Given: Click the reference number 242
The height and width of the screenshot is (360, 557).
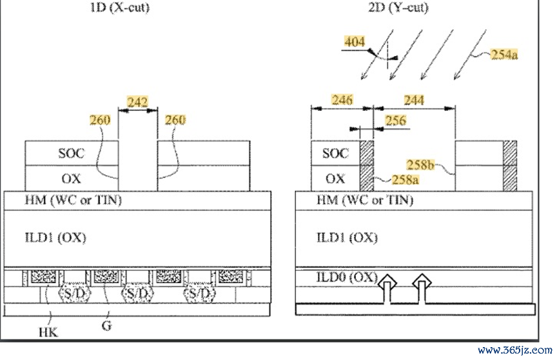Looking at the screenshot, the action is [137, 103].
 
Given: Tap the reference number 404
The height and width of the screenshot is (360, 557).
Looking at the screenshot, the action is [355, 42].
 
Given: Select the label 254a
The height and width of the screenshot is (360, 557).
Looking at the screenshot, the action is [504, 54].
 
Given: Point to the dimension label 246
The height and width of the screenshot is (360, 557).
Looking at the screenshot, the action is [342, 100].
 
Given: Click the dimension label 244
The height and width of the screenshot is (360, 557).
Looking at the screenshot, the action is [414, 101].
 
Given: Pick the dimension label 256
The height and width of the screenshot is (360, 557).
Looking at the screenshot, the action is [396, 121].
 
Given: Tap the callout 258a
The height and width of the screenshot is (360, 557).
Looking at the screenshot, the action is [405, 180].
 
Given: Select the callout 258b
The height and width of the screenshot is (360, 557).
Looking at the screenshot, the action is [420, 165].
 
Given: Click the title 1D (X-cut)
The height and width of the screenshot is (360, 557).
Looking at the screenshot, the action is [120, 6].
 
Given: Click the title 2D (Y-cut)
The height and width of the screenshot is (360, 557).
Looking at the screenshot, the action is [398, 6].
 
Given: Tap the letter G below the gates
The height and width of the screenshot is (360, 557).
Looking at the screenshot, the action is [106, 325].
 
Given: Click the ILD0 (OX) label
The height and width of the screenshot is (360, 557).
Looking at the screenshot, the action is [347, 277].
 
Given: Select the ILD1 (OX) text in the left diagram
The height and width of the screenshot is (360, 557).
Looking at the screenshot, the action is [55, 237].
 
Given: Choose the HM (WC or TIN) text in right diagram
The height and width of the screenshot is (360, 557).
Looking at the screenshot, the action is [365, 200].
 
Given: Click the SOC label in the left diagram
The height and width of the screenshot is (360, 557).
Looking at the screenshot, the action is [72, 154].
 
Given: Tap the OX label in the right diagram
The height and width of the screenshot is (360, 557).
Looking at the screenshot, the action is [335, 179].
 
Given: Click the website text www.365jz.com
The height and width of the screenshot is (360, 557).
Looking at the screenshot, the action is [515, 350].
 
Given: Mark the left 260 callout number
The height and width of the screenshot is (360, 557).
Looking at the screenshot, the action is [100, 120].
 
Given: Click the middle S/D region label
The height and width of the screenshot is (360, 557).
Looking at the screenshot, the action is [137, 294].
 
